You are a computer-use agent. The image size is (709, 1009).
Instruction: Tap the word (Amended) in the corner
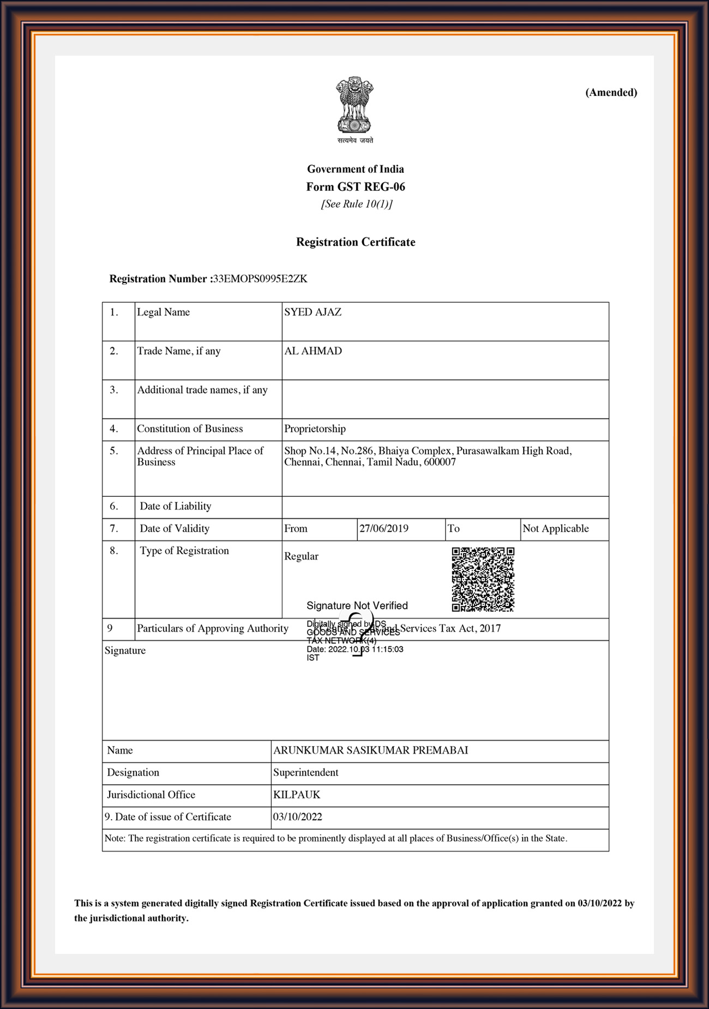(x=611, y=92)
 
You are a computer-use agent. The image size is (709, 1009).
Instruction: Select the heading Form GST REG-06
(x=356, y=187)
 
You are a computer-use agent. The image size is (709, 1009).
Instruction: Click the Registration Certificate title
(x=356, y=242)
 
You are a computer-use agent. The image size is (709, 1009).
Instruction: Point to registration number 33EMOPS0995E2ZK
(x=260, y=279)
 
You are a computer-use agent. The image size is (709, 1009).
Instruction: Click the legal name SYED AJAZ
(x=313, y=312)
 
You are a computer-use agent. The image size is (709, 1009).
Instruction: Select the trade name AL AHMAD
(x=313, y=351)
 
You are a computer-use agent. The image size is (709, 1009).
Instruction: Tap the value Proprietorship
(x=315, y=429)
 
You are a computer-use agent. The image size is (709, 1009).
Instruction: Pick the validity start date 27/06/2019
(x=384, y=528)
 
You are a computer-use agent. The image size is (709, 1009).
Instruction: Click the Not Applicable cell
(x=556, y=528)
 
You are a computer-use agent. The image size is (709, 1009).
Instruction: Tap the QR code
(x=483, y=579)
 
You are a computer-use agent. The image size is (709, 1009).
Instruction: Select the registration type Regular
(x=301, y=556)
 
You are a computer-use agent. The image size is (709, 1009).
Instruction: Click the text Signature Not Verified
(x=357, y=605)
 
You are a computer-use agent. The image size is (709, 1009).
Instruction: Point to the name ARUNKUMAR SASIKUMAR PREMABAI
(x=370, y=750)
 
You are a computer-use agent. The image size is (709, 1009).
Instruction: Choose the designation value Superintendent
(x=305, y=772)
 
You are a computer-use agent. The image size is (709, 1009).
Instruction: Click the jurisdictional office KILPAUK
(x=297, y=795)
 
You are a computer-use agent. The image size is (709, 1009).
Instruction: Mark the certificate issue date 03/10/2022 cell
(x=298, y=817)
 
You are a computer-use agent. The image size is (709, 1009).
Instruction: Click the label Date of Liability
(x=176, y=506)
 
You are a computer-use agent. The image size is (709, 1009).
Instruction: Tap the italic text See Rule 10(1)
(x=357, y=204)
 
